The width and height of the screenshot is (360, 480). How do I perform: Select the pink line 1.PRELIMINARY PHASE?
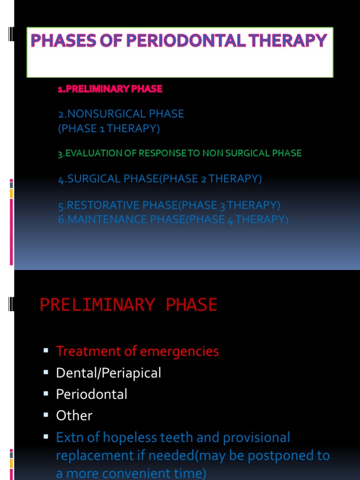(x=110, y=89)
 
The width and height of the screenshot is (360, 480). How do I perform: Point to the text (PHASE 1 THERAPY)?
(x=109, y=128)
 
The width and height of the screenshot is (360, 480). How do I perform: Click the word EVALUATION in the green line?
(x=94, y=153)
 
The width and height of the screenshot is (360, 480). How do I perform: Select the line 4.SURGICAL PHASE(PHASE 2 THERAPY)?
(x=160, y=179)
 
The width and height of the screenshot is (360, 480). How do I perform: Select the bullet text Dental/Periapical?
(x=108, y=373)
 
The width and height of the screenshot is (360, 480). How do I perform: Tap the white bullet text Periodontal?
(x=91, y=394)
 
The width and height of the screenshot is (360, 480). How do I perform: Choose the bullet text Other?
(x=74, y=416)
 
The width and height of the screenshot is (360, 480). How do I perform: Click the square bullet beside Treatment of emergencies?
(x=46, y=351)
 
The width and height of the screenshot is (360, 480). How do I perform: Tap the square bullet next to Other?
(x=46, y=415)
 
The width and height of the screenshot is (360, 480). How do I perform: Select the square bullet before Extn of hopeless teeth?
(x=46, y=437)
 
